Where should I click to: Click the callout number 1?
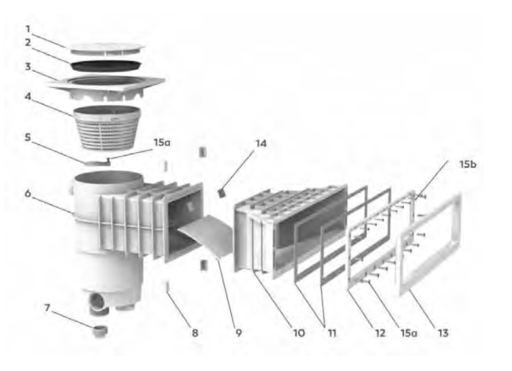[28, 29]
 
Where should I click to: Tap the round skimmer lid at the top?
[108, 49]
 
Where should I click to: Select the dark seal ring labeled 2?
[106, 66]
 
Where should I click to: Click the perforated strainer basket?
[107, 128]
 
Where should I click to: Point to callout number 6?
[28, 194]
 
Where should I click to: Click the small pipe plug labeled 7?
[100, 331]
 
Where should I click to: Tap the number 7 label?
[47, 308]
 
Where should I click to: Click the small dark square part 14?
[222, 194]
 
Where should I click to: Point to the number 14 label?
[261, 143]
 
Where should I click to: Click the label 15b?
[468, 164]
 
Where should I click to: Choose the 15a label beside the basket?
[162, 142]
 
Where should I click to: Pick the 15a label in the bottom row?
[409, 333]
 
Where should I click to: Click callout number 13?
[443, 333]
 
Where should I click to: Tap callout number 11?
[332, 333]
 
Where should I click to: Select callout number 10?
[299, 333]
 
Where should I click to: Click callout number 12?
[380, 333]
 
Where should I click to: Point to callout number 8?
[195, 333]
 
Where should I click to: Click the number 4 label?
[28, 97]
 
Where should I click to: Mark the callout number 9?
[239, 333]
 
